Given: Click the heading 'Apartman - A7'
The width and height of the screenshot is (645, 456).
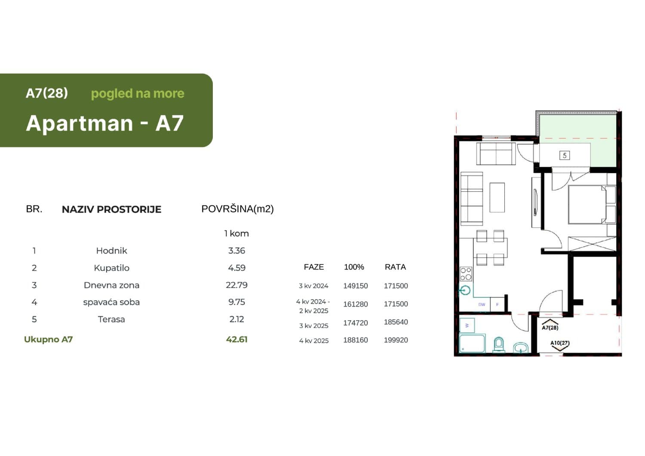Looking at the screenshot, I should pyautogui.click(x=105, y=123).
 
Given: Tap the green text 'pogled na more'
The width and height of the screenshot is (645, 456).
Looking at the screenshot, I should pyautogui.click(x=138, y=93).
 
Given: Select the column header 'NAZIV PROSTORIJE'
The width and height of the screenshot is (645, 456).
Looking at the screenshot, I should pyautogui.click(x=111, y=209).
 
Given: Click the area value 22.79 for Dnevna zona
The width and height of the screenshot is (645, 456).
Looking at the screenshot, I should pyautogui.click(x=236, y=285).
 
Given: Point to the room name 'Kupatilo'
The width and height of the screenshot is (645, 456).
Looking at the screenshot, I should pyautogui.click(x=111, y=268).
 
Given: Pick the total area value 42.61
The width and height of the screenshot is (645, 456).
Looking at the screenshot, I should pyautogui.click(x=236, y=339).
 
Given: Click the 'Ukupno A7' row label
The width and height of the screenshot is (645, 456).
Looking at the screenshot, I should pyautogui.click(x=48, y=339).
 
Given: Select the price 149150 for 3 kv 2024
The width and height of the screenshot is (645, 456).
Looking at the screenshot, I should pyautogui.click(x=355, y=286).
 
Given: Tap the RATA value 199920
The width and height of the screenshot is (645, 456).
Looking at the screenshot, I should pyautogui.click(x=396, y=340).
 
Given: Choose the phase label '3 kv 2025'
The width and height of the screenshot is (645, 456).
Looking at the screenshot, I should pyautogui.click(x=314, y=326).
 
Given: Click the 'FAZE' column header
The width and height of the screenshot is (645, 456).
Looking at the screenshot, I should pyautogui.click(x=314, y=267).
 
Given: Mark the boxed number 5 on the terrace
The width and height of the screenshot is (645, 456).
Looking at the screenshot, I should pyautogui.click(x=565, y=155).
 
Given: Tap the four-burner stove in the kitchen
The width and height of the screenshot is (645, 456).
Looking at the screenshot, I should pyautogui.click(x=466, y=274).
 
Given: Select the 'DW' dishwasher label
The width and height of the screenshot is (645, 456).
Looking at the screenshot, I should pyautogui.click(x=482, y=304).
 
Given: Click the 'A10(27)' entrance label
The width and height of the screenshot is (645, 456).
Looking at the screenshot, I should pyautogui.click(x=560, y=343).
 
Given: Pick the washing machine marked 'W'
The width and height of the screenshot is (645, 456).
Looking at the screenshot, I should pyautogui.click(x=467, y=325).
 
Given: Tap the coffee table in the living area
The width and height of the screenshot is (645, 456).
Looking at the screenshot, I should pyautogui.click(x=497, y=197).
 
